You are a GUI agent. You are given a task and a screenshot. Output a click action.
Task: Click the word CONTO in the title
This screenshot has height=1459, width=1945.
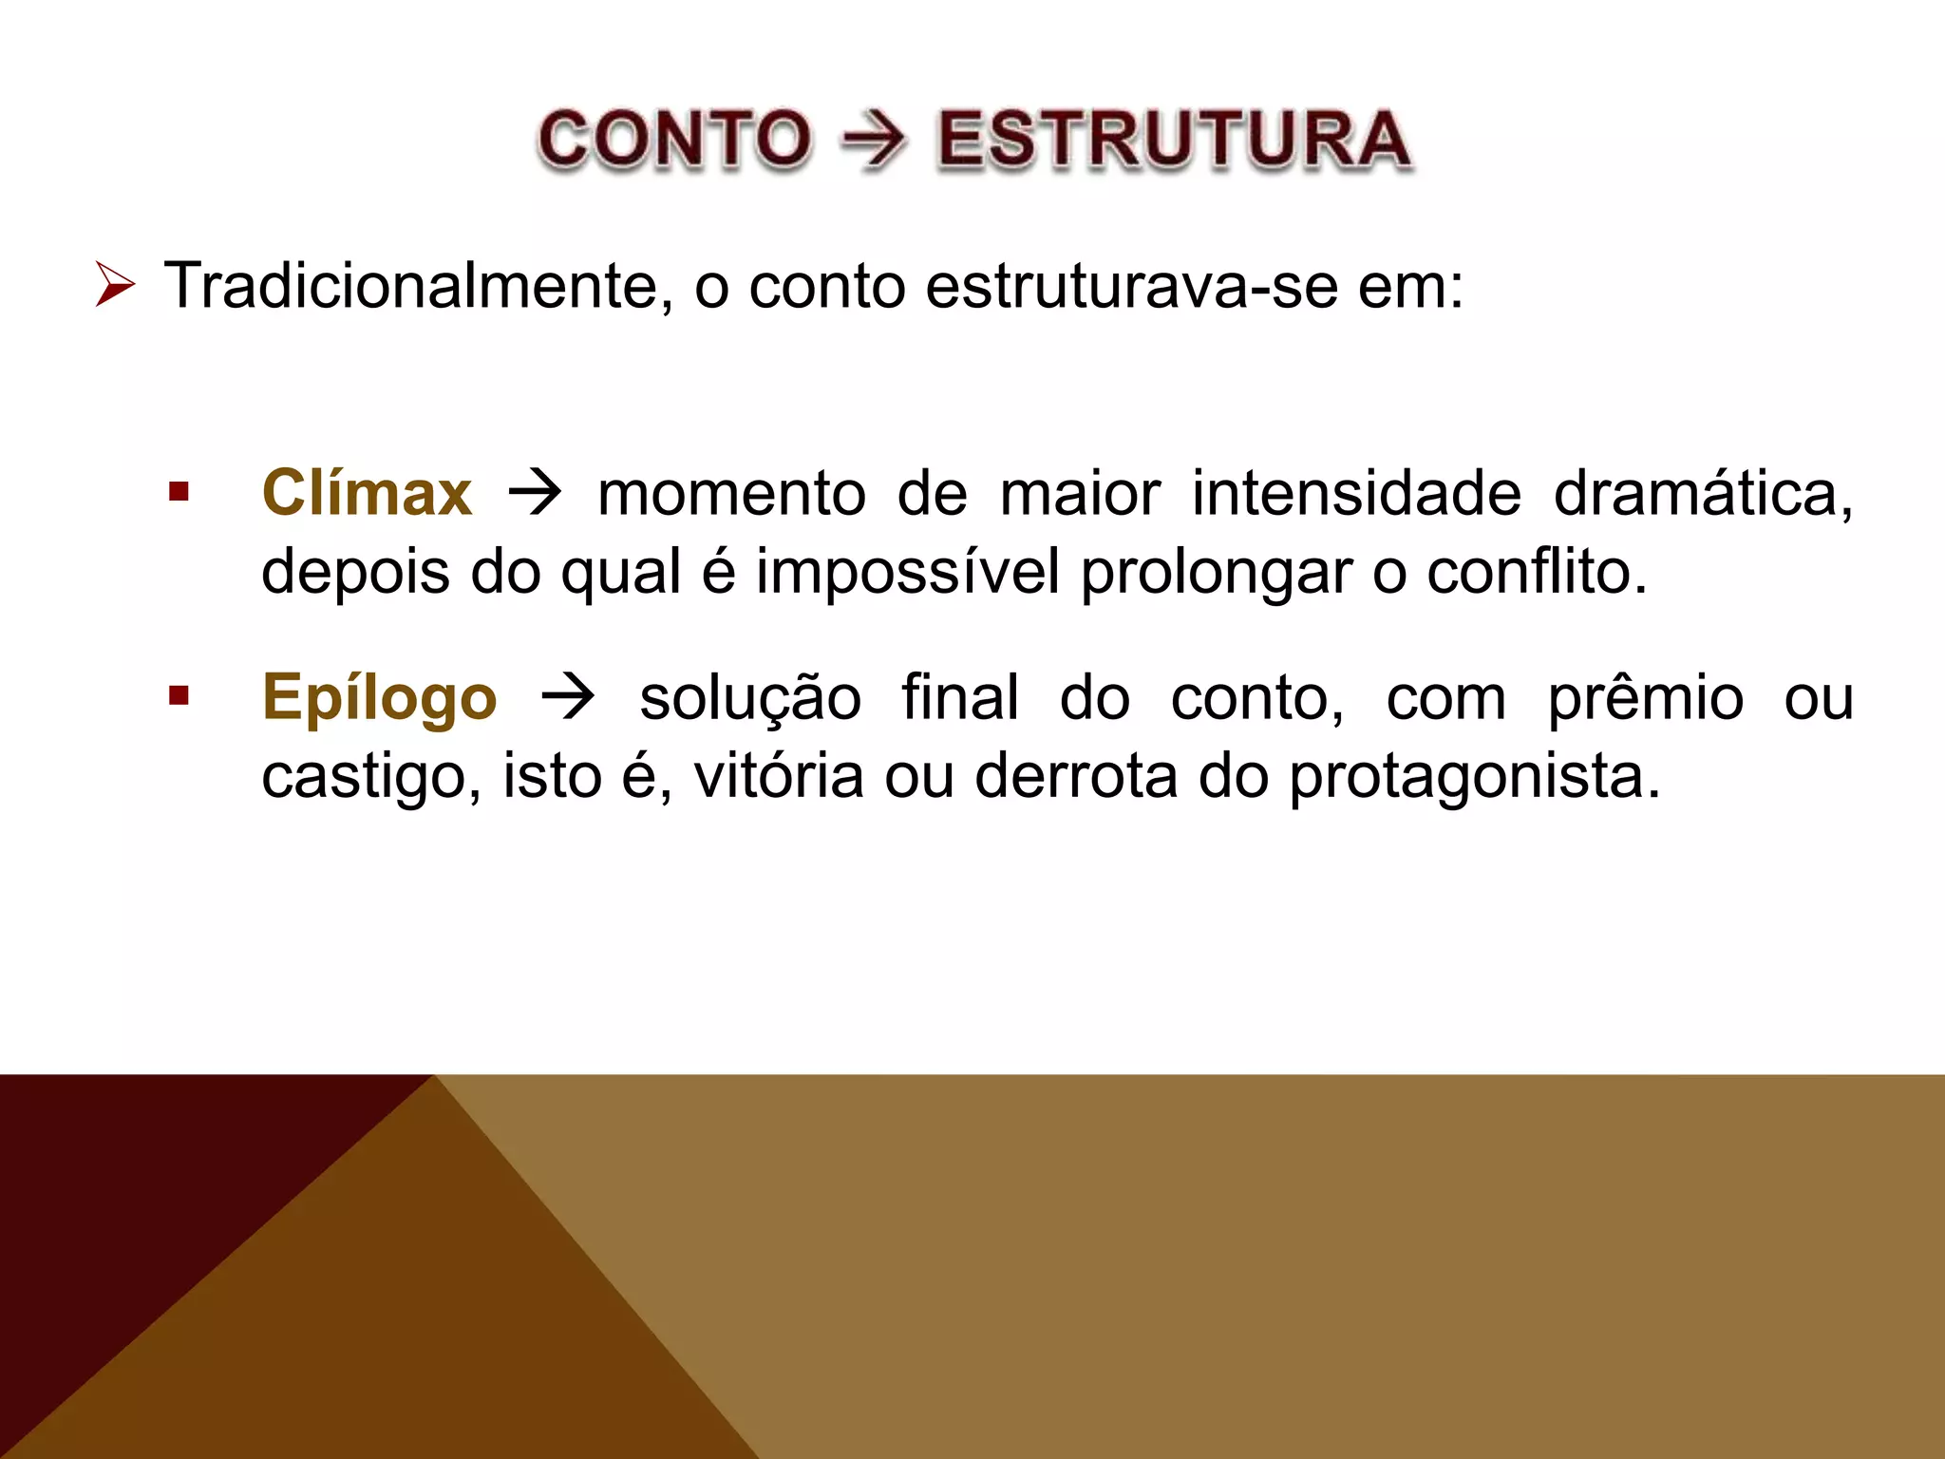click(674, 141)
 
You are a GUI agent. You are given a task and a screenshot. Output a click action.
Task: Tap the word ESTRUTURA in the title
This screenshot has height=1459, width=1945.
click(1174, 141)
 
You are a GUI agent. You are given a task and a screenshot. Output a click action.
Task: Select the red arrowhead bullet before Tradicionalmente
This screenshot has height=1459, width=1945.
click(115, 286)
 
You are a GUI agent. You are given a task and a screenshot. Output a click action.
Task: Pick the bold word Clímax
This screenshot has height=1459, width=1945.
click(367, 493)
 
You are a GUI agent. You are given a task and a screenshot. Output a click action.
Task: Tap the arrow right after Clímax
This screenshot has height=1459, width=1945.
click(535, 494)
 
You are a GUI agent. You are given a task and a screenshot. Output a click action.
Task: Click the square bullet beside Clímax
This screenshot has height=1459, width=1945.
click(179, 492)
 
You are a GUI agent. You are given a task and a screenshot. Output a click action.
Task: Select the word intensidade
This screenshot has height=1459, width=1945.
click(1357, 494)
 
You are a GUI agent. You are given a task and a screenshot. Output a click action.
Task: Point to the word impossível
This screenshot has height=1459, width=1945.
click(907, 573)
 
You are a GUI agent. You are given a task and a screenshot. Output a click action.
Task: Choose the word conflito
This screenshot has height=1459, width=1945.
click(1536, 573)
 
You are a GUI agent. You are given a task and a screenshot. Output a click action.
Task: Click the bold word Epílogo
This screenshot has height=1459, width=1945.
click(379, 698)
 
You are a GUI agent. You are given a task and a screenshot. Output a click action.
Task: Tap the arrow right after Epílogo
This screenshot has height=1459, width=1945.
click(568, 698)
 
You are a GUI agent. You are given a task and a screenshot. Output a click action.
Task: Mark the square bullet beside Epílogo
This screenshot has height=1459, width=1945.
click(179, 696)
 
